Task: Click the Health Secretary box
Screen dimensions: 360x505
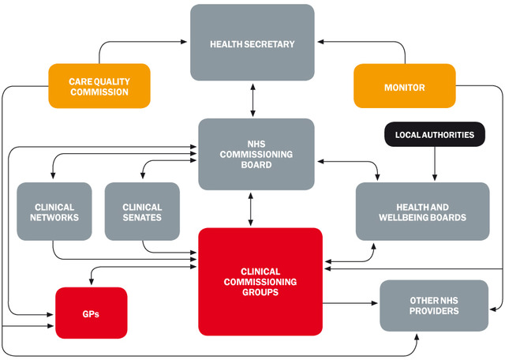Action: pos(252,43)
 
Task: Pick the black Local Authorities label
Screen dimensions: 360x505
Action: pos(433,135)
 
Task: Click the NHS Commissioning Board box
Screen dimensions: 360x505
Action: pos(251,154)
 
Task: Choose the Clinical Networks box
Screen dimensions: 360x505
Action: pos(54,211)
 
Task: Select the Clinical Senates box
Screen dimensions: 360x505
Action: pos(142,211)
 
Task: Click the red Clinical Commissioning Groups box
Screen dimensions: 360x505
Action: pos(260,281)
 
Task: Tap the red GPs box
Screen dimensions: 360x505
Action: pos(91,313)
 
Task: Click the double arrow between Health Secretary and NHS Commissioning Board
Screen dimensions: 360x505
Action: pos(252,99)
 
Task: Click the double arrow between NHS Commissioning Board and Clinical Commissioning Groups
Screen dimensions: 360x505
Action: pos(252,209)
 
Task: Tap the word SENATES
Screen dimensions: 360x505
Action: pos(142,217)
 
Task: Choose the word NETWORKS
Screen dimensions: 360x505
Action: pos(54,217)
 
